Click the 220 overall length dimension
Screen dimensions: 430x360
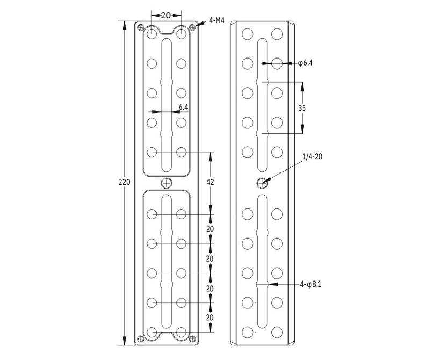coord(124,182)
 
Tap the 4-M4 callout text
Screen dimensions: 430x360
coord(217,20)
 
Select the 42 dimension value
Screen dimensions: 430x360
coord(210,182)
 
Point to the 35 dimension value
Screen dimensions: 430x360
coord(302,108)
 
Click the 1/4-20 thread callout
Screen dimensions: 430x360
coord(312,156)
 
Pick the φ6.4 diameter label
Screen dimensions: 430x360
coord(305,63)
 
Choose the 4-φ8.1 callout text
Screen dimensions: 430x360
coord(311,285)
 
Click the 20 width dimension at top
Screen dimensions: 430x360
coord(166,16)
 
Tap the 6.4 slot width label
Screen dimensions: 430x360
coord(183,107)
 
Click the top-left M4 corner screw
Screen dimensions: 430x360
coord(141,27)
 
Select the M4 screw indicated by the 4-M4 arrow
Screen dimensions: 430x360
coord(192,27)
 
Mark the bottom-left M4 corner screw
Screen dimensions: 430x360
coord(141,339)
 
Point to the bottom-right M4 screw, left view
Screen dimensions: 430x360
coord(192,339)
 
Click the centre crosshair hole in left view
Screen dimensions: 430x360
coord(167,183)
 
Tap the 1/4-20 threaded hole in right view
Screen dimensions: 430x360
coord(262,183)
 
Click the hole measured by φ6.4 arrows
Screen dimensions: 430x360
coord(277,63)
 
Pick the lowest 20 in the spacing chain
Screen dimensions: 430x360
coord(210,318)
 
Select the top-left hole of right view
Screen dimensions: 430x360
coord(248,33)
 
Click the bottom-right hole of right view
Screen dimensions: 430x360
coord(277,332)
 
